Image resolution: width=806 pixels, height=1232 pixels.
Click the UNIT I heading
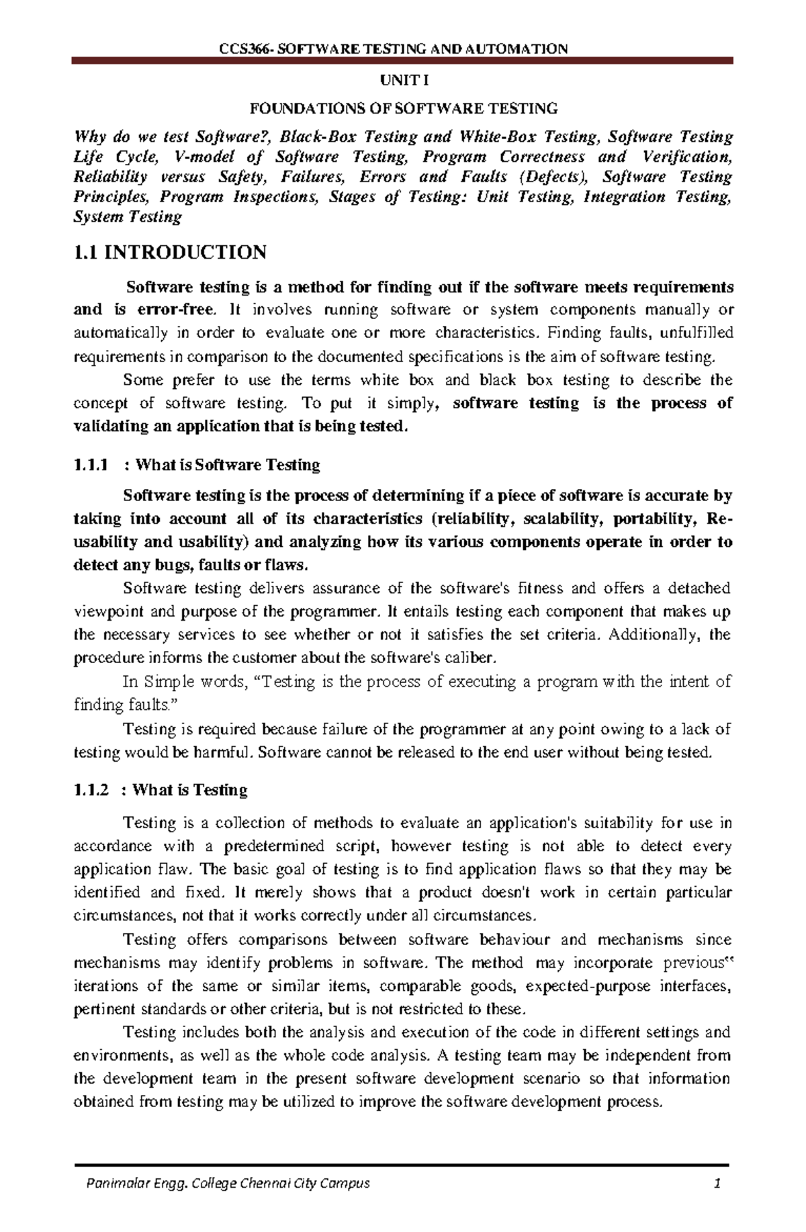coord(403,81)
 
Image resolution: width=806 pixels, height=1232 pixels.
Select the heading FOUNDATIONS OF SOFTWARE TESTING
coord(403,107)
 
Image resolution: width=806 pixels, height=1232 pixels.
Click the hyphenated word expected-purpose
coord(589,986)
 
